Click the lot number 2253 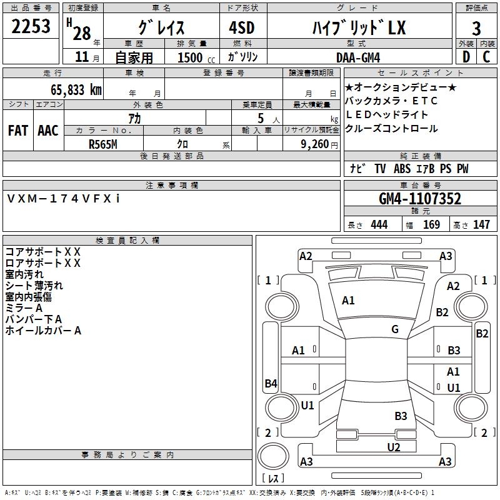[31, 27]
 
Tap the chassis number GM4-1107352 [420, 199]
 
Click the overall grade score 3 [476, 29]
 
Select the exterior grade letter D [466, 57]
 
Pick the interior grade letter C [486, 57]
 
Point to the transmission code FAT [18, 130]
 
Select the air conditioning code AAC [47, 130]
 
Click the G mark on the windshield [395, 329]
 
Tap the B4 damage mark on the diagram [271, 384]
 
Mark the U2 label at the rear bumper [393, 446]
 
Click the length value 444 [379, 224]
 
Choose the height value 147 [481, 224]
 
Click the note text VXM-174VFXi [64, 198]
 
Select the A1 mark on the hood [348, 301]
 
